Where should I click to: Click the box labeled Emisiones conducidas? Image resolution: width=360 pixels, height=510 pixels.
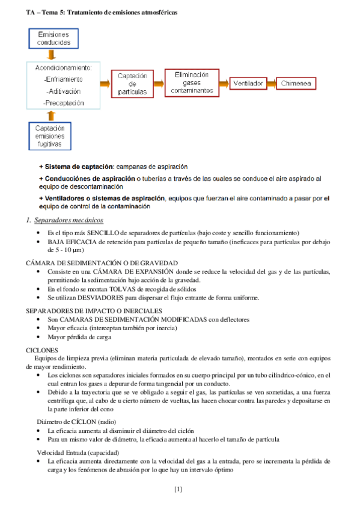pyautogui.click(x=53, y=38)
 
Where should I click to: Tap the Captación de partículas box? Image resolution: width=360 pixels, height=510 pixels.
pyautogui.click(x=132, y=84)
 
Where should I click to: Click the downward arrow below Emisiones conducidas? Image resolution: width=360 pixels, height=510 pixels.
pyautogui.click(x=52, y=55)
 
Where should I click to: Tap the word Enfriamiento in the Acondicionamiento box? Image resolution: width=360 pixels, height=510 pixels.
pyautogui.click(x=64, y=79)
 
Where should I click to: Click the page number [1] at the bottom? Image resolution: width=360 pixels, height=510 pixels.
pyautogui.click(x=178, y=489)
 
